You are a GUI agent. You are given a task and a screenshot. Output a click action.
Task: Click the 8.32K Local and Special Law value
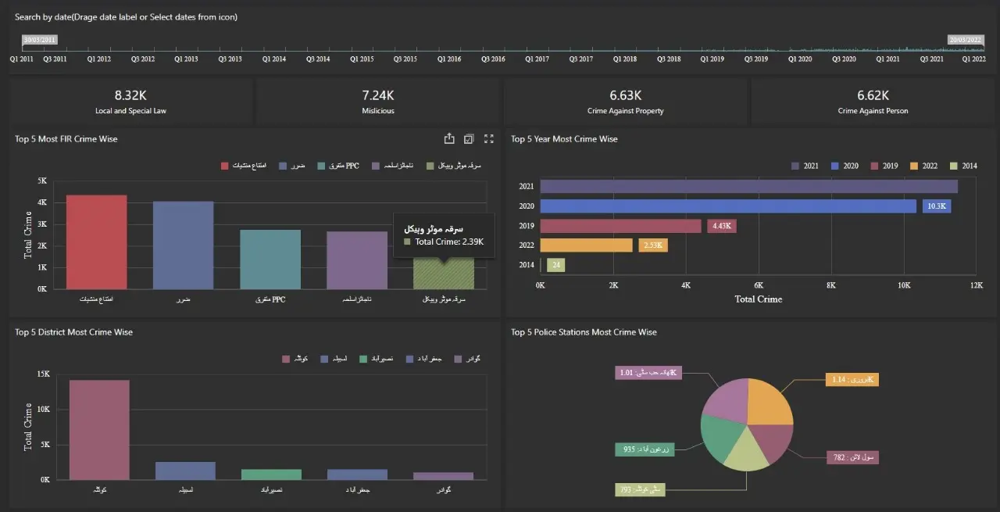pyautogui.click(x=130, y=95)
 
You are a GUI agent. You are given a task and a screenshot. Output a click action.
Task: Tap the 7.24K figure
pyautogui.click(x=378, y=95)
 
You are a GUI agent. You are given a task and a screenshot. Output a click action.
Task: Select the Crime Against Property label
pyautogui.click(x=626, y=111)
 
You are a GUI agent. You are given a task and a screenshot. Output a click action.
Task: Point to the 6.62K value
pyautogui.click(x=873, y=95)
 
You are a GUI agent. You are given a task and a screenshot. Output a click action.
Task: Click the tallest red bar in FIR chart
pyautogui.click(x=96, y=242)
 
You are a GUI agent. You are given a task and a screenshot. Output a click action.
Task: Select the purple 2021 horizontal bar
pyautogui.click(x=748, y=186)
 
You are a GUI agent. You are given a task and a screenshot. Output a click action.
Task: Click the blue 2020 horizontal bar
pyautogui.click(x=728, y=206)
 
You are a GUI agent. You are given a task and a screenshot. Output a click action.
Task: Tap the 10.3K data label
pyautogui.click(x=935, y=206)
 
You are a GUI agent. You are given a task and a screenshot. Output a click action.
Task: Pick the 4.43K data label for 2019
pyautogui.click(x=721, y=226)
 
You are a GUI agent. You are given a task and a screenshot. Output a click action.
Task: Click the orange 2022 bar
pyautogui.click(x=586, y=245)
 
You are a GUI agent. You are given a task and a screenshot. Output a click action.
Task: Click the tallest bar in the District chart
pyautogui.click(x=99, y=429)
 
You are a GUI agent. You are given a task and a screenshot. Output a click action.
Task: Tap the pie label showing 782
pyautogui.click(x=852, y=457)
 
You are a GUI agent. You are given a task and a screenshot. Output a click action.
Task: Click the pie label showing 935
pyautogui.click(x=640, y=449)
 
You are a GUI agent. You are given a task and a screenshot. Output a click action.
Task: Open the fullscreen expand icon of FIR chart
pyautogui.click(x=489, y=139)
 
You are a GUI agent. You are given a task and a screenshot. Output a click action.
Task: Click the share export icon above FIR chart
pyautogui.click(x=449, y=139)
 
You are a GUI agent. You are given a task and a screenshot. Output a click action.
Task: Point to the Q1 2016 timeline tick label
pyautogui.click(x=449, y=59)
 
